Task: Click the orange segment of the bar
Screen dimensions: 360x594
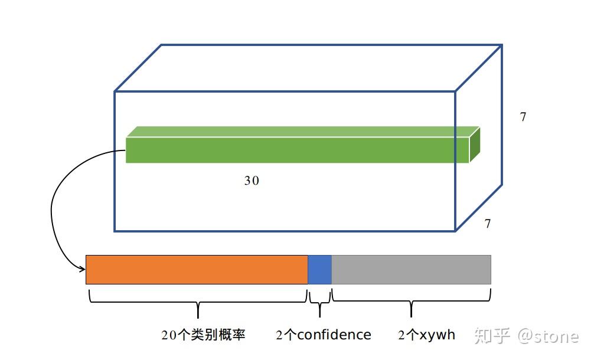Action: [197, 270]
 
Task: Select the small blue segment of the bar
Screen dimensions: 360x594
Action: [319, 270]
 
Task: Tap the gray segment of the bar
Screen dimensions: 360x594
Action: [411, 270]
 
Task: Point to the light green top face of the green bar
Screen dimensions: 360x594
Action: [301, 132]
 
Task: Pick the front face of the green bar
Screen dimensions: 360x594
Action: [295, 150]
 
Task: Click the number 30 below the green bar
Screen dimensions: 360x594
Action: [252, 181]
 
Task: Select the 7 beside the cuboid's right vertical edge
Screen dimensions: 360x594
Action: [523, 117]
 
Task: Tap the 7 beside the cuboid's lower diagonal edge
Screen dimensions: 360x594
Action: [488, 224]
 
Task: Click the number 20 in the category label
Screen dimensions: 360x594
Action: [169, 336]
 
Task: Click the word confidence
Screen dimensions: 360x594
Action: [334, 335]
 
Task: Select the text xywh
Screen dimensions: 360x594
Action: [438, 335]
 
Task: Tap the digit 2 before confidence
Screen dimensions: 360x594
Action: [280, 336]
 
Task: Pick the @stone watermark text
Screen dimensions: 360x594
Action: [548, 336]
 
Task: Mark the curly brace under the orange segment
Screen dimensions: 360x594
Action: [198, 302]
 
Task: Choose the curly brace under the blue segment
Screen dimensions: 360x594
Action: [319, 302]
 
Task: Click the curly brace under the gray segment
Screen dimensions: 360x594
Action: [411, 302]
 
